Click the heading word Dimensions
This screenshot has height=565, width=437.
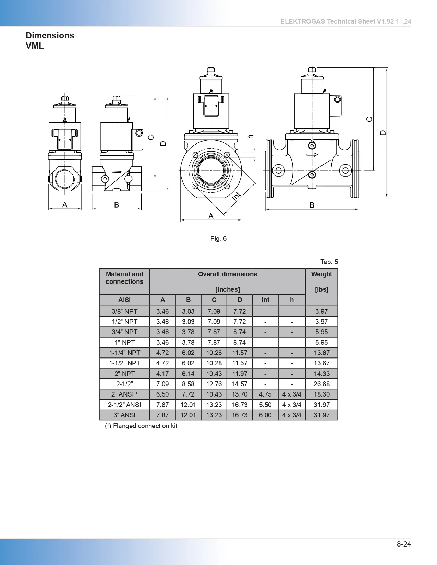[50, 35]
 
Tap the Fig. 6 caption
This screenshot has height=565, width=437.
[218, 238]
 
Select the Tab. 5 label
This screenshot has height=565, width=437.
[329, 262]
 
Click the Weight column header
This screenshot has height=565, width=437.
[321, 274]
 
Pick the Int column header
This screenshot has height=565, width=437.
[265, 300]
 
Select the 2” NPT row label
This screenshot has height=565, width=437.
[124, 374]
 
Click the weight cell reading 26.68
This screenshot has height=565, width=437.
[321, 384]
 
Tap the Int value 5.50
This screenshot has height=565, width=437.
[265, 405]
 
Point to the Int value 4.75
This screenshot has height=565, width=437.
[265, 394]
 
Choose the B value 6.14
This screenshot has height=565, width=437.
[188, 374]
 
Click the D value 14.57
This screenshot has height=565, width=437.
[240, 384]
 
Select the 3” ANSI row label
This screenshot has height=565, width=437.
[124, 415]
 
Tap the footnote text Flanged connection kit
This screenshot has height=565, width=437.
[145, 426]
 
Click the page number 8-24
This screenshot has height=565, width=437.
[404, 544]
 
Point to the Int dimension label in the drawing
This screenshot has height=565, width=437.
[236, 196]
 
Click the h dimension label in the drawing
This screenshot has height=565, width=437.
[251, 136]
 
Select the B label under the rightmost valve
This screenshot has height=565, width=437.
[312, 205]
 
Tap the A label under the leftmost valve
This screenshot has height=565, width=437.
[65, 205]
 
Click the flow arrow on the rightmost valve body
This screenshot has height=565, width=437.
[312, 155]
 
